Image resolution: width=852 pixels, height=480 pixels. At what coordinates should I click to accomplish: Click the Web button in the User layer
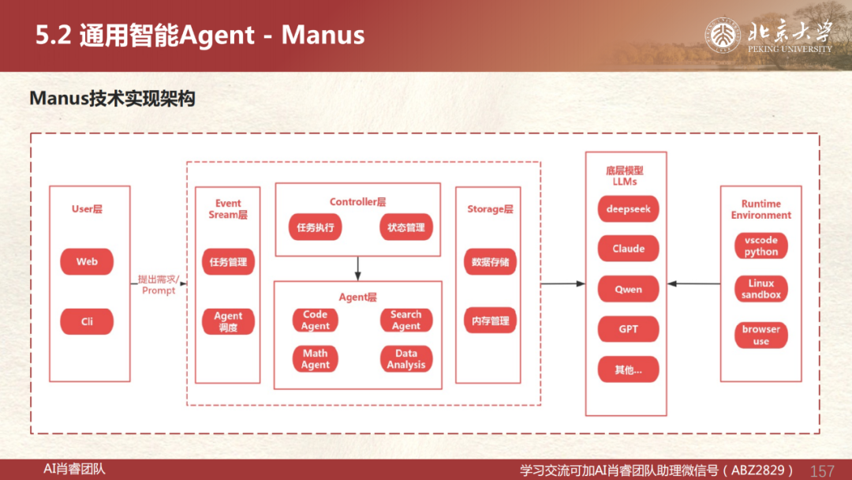[x=87, y=261]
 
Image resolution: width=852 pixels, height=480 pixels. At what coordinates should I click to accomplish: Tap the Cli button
[x=87, y=321]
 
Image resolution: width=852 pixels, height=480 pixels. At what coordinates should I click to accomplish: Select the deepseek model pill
[x=628, y=209]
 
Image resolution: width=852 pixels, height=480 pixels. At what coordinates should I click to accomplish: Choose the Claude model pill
[x=628, y=249]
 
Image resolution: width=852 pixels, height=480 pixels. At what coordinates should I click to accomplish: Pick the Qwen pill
[x=628, y=289]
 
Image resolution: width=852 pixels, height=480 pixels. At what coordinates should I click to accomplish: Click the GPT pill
[x=628, y=329]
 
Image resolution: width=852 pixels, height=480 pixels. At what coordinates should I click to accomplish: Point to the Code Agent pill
[x=315, y=321]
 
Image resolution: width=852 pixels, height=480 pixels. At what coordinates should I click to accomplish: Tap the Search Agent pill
[x=406, y=321]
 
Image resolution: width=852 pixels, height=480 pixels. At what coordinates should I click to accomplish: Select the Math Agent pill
[x=315, y=358]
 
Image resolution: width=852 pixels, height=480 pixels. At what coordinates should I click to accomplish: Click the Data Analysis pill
[x=406, y=358]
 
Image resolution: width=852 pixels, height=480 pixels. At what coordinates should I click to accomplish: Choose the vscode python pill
[x=760, y=246]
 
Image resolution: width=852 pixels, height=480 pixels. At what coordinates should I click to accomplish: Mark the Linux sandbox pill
[x=760, y=289]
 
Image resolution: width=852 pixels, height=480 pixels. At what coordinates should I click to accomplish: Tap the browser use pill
[x=760, y=335]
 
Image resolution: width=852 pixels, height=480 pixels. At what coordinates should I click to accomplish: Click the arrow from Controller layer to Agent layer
[x=357, y=268]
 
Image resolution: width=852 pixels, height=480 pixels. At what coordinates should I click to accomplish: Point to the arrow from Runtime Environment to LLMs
[x=694, y=283]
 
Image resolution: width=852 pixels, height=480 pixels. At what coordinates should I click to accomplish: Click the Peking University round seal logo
[x=723, y=36]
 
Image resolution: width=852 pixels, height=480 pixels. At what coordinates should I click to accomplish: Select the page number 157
[x=822, y=471]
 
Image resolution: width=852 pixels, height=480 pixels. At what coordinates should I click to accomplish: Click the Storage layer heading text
[x=490, y=209]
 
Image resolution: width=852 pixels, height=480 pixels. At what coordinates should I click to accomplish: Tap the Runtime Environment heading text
[x=760, y=209]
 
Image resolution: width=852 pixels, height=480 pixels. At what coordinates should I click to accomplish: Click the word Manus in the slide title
[x=323, y=35]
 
